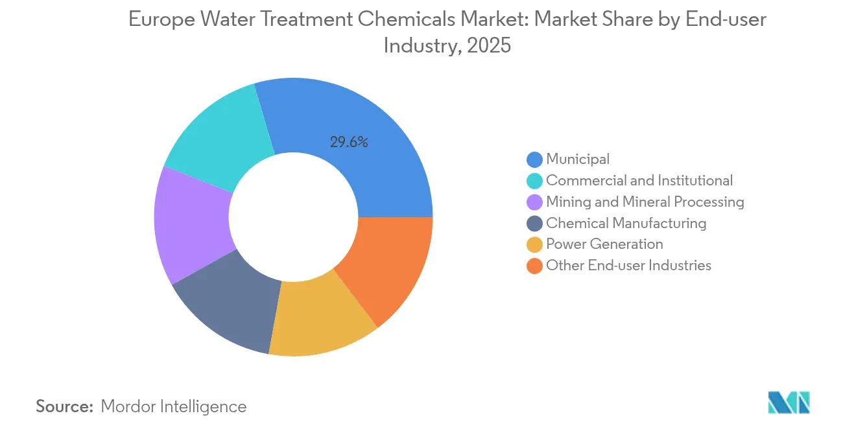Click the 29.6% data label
(x=349, y=143)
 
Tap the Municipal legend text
(x=578, y=159)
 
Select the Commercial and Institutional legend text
(x=639, y=180)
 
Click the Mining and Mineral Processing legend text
(x=645, y=202)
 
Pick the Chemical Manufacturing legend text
(x=626, y=223)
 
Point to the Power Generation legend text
(x=604, y=244)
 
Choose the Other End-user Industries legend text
(x=628, y=265)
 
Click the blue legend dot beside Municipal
(x=535, y=159)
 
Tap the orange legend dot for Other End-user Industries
(x=535, y=266)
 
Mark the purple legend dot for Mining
(x=535, y=202)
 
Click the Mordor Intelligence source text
(x=174, y=406)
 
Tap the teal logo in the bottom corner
(x=789, y=402)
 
